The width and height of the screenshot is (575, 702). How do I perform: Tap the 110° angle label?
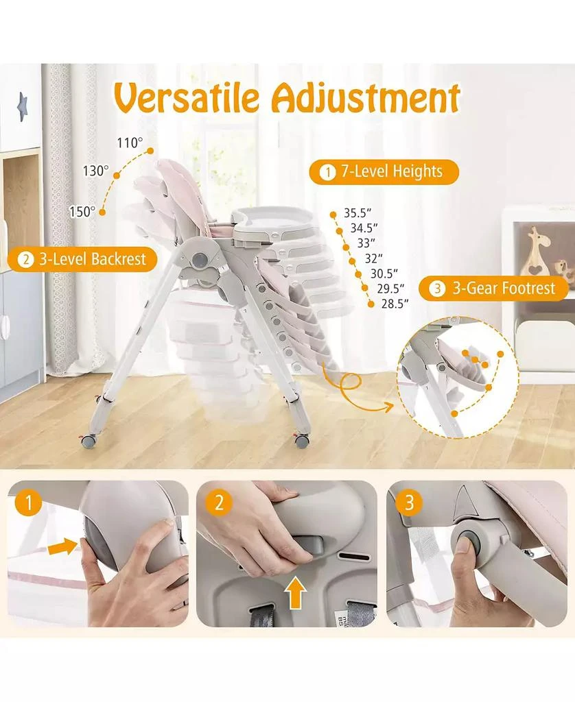click(x=130, y=143)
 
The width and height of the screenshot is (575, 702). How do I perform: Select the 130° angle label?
click(x=96, y=171)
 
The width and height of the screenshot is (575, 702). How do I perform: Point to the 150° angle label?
click(x=82, y=212)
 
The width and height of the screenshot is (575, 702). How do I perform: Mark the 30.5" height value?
click(x=384, y=273)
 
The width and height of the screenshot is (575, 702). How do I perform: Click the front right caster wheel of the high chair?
click(x=301, y=441)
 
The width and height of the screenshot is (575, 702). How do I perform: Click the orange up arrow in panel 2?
click(x=296, y=594)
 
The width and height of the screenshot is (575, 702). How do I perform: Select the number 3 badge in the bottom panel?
click(x=410, y=504)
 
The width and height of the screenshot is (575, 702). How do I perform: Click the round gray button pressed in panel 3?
click(x=465, y=542)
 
